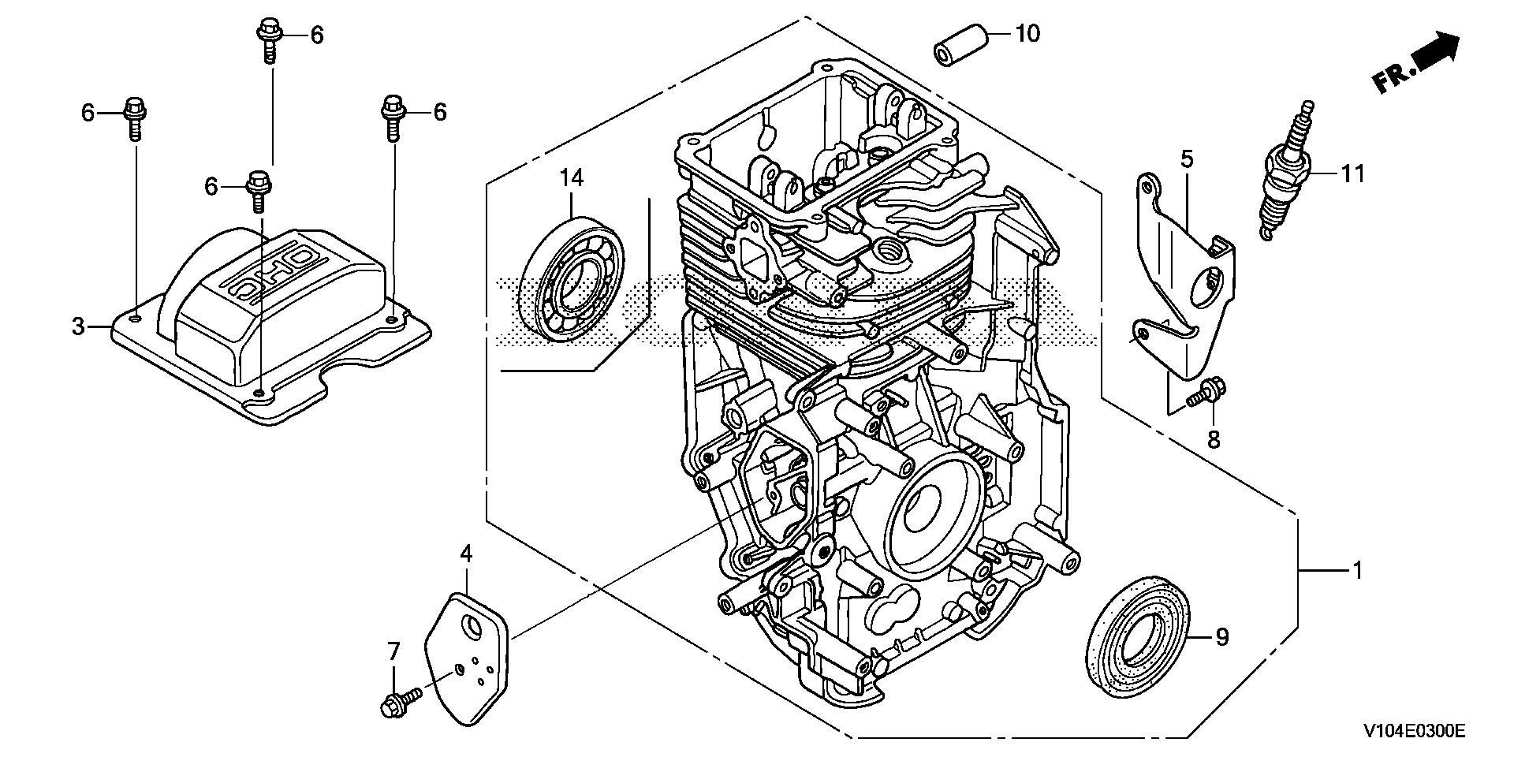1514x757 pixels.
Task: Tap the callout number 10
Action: pos(1027,33)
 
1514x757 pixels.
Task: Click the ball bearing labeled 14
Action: pos(572,279)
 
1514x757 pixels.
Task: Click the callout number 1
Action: pos(1357,569)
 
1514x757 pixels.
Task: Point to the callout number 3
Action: pos(78,326)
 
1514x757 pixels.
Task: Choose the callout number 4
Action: pos(466,554)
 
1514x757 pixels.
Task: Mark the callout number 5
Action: pos(1187,159)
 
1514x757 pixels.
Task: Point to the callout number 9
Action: pos(1221,636)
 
